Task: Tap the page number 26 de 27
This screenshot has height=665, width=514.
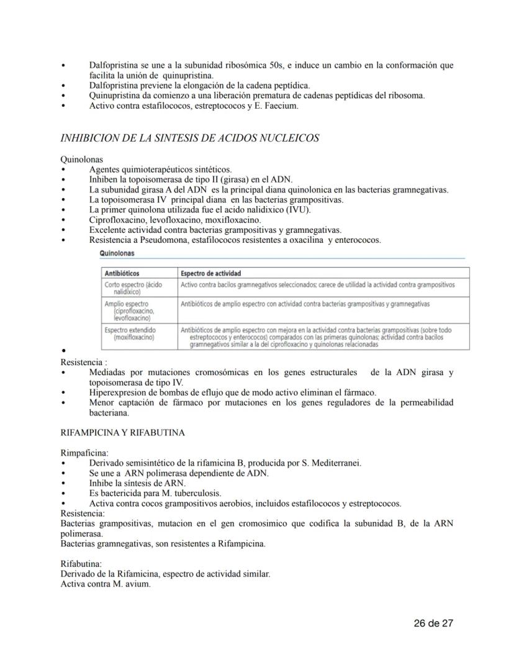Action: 434,623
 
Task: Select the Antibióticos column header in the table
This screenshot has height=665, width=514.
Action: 122,273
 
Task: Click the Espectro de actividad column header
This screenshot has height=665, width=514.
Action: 210,273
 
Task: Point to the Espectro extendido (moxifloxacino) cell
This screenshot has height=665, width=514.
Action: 130,333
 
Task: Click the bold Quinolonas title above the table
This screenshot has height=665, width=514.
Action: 117,253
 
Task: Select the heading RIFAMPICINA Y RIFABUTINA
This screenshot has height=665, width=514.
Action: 122,433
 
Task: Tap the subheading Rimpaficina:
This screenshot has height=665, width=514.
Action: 84,453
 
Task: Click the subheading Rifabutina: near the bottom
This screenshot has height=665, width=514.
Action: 82,564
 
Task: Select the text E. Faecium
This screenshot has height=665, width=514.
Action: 277,106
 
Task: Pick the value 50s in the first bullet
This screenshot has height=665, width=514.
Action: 266,65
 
